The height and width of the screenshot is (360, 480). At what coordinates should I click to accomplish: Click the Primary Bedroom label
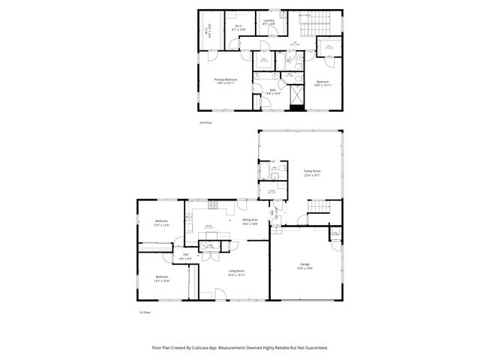coord(226,80)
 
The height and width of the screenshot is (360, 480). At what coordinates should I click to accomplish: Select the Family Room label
coord(312,172)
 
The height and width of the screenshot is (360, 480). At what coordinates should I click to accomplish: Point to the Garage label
coord(304,265)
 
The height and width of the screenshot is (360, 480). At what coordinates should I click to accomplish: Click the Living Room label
coord(236,273)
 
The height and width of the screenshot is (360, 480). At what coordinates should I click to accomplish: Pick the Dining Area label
coord(250,220)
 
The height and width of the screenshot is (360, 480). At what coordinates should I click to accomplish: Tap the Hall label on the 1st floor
coord(184,254)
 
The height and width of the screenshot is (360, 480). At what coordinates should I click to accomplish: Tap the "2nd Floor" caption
coord(205,122)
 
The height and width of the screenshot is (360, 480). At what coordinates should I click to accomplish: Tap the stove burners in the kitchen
coord(213,205)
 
